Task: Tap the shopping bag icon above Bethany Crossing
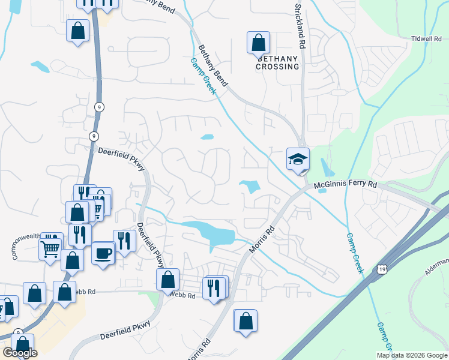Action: [258, 42]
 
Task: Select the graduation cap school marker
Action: [298, 159]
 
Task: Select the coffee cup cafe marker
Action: [103, 251]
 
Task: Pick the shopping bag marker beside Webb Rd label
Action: [167, 279]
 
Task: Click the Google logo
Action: [20, 353]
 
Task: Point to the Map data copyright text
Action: [412, 355]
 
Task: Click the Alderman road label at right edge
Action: [436, 267]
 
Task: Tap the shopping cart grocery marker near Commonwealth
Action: [50, 247]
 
